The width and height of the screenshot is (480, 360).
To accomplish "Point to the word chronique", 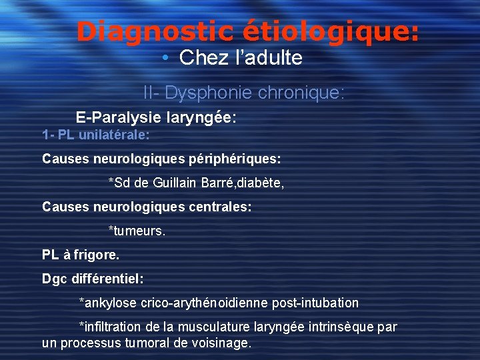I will (305, 93).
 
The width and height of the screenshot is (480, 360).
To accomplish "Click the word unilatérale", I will (114, 135).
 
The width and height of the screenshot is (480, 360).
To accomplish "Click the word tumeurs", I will (139, 231).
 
